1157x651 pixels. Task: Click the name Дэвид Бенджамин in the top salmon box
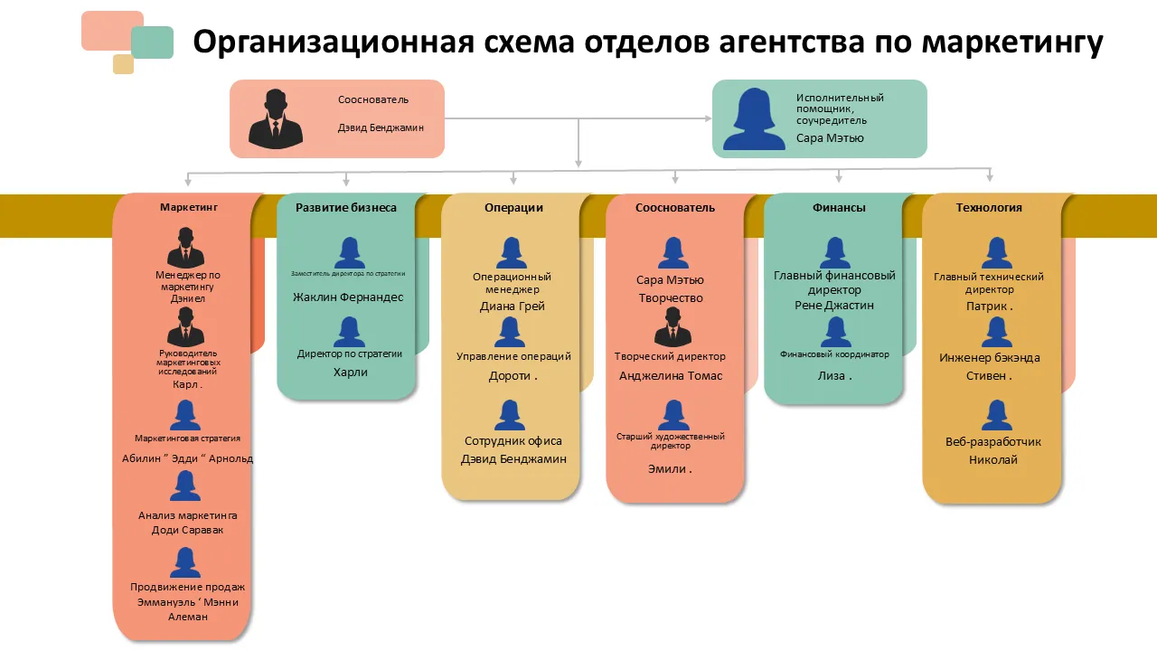pyautogui.click(x=381, y=127)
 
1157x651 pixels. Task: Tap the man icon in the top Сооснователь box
pyautogui.click(x=276, y=118)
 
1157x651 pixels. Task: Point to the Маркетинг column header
pyautogui.click(x=189, y=207)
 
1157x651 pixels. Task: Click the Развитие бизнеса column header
pyautogui.click(x=346, y=207)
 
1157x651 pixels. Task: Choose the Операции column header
pyautogui.click(x=513, y=207)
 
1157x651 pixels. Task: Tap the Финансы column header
pyautogui.click(x=839, y=207)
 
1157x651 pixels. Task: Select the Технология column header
pyautogui.click(x=989, y=207)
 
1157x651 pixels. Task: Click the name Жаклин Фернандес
pyautogui.click(x=348, y=297)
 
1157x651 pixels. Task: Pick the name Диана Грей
pyautogui.click(x=512, y=306)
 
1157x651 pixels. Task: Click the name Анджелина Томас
pyautogui.click(x=671, y=375)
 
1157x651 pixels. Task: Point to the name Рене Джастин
pyautogui.click(x=835, y=305)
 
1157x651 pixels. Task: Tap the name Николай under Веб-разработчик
pyautogui.click(x=993, y=459)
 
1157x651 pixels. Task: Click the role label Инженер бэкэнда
pyautogui.click(x=990, y=357)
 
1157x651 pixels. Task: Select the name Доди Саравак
pyautogui.click(x=187, y=530)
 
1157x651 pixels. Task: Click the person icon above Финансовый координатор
pyautogui.click(x=835, y=333)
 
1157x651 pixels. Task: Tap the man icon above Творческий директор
pyautogui.click(x=673, y=326)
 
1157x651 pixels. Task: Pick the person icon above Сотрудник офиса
pyautogui.click(x=511, y=416)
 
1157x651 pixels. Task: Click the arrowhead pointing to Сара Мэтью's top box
pyautogui.click(x=708, y=118)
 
